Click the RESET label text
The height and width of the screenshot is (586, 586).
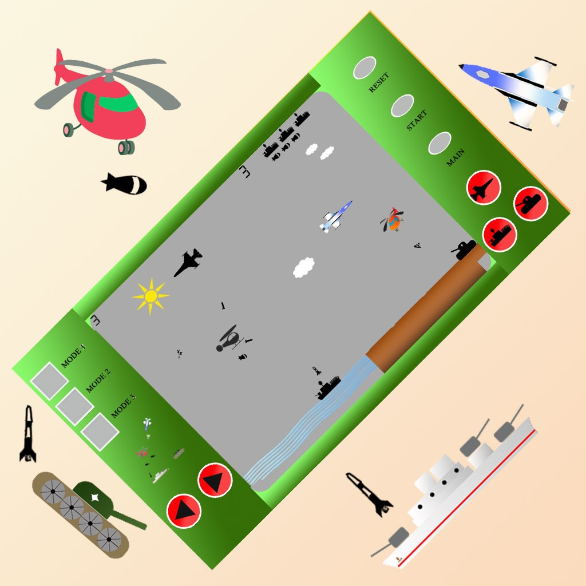379,82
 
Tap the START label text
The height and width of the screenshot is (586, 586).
417,120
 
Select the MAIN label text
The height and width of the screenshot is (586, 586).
456,157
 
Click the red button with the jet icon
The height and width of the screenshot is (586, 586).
484,187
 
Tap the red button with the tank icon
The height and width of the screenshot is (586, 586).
530,203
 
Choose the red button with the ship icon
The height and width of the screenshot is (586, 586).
500,235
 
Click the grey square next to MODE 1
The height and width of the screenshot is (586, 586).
49,381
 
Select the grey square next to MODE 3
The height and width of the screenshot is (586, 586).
100,431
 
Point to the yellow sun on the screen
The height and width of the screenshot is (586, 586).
151,296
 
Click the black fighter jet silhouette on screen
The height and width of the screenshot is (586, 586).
188,262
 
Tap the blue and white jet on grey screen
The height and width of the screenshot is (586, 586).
336,217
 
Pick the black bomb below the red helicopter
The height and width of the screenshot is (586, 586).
124,184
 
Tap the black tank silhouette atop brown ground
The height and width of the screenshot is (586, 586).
464,250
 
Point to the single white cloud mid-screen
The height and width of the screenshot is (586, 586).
303,268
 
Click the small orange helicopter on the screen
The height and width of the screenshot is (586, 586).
392,220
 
